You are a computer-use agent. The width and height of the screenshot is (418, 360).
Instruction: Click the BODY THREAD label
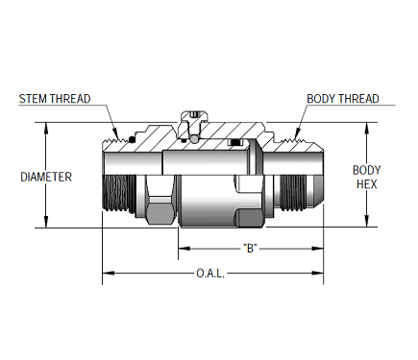coord(343,99)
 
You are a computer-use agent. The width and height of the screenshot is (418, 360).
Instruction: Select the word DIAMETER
coord(46,177)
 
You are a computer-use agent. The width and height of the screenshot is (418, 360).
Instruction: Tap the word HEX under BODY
coord(366,183)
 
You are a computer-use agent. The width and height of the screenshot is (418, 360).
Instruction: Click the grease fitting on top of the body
coord(195,120)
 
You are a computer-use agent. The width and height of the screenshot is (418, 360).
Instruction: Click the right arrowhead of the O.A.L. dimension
coord(319,274)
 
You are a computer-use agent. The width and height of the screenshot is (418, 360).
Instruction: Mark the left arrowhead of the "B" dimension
coord(180,248)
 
